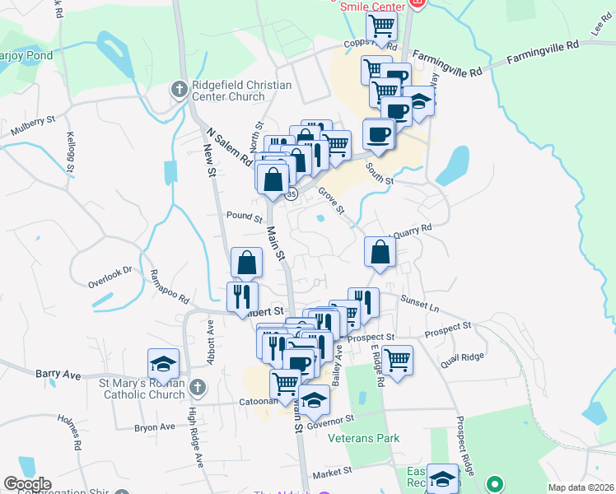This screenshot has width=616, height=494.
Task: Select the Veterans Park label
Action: click(363, 438)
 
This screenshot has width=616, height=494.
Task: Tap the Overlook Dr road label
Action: click(110, 276)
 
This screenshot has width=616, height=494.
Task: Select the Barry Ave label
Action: click(58, 374)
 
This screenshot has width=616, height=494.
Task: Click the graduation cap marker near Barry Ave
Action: click(164, 363)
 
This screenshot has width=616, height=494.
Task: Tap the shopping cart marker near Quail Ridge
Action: click(398, 360)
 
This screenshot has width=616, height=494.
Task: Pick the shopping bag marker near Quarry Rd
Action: click(379, 252)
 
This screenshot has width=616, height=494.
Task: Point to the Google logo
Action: click(27, 484)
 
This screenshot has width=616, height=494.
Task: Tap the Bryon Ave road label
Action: click(155, 427)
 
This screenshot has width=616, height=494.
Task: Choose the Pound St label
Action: click(244, 217)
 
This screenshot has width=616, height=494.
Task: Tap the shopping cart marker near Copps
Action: click(381, 26)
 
